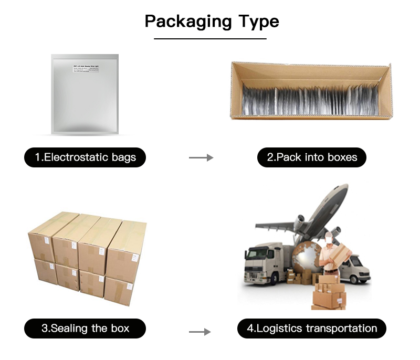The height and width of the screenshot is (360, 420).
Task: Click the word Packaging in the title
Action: tap(188, 22)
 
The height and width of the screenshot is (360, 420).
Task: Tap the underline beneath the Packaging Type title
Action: tap(210, 38)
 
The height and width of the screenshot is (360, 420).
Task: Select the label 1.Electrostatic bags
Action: tap(85, 157)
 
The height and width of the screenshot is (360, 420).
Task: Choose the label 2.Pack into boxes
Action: tap(311, 157)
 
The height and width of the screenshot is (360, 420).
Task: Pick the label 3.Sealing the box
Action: tap(85, 329)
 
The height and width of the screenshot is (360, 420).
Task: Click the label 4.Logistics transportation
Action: tap(312, 329)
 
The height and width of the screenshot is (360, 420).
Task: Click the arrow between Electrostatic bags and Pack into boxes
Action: tap(201, 157)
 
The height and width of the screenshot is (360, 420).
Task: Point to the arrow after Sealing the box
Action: tap(199, 332)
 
